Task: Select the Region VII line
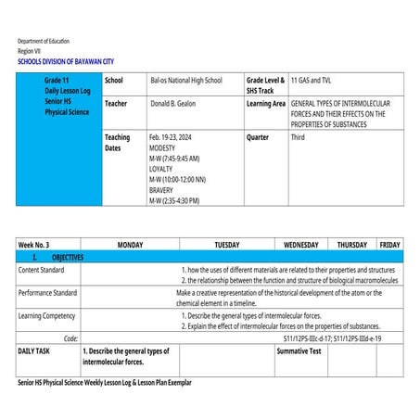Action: [30, 50]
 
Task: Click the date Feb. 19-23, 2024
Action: [172, 136]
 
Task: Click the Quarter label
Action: [258, 136]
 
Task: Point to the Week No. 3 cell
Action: [34, 245]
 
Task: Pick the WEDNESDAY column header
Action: [300, 245]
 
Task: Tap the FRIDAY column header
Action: [389, 245]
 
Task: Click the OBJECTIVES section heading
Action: [62, 257]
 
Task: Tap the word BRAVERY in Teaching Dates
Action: [164, 190]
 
